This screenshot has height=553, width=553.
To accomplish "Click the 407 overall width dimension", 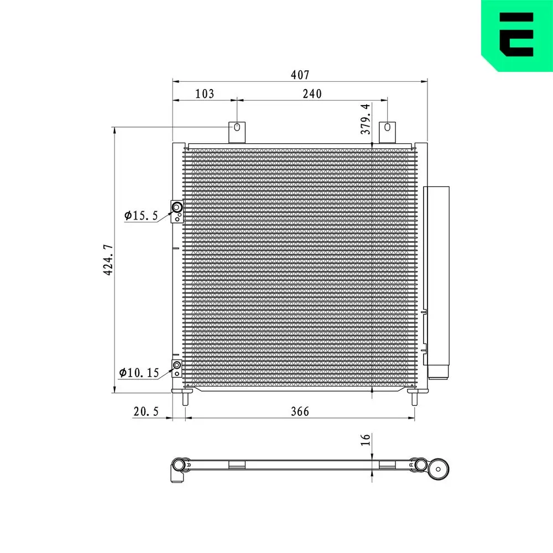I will click(300, 74).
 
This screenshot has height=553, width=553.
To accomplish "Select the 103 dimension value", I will click(205, 93).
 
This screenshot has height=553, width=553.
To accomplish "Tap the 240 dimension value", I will click(312, 93).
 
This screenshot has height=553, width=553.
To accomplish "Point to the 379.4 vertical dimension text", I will click(365, 119).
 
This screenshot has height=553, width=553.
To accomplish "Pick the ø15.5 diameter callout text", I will click(141, 215).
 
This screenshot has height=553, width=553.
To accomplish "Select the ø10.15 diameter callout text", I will click(139, 373).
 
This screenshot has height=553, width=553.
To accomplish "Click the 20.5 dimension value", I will click(146, 411).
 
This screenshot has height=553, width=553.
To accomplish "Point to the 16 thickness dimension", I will click(365, 440).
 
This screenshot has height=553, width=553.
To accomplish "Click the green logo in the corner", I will click(517, 35).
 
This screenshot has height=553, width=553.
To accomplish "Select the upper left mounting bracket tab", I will click(237, 131).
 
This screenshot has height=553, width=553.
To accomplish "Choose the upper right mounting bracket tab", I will click(387, 131).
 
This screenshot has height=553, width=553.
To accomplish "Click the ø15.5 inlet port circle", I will click(178, 207).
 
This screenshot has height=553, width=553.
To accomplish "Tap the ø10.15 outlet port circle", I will click(177, 365).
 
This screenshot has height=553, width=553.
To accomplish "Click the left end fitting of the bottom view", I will click(178, 469).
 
